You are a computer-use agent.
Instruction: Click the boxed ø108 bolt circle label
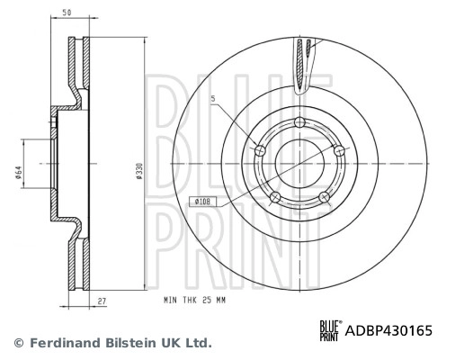coord(203,203)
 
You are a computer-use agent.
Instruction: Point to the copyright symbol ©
coord(18,343)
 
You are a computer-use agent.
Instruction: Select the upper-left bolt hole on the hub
coord(261,150)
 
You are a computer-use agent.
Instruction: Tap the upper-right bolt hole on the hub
coord(340,152)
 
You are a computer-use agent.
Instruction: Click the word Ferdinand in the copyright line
coord(63,343)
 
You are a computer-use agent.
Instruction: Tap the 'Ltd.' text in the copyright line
coord(198,343)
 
